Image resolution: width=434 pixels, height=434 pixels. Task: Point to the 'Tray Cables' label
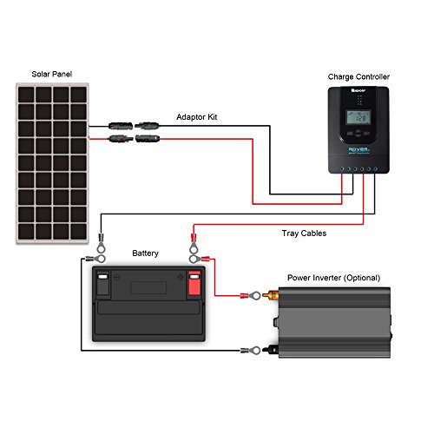tap(304, 232)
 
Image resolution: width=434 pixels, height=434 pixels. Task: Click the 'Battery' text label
tap(145, 253)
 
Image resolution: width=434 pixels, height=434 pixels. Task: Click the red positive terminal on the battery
tap(194, 282)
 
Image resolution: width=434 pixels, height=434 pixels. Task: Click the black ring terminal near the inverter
tap(253, 351)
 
